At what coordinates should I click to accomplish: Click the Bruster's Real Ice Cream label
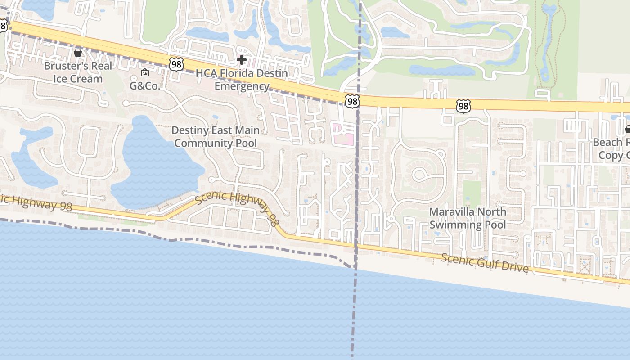click(x=78, y=72)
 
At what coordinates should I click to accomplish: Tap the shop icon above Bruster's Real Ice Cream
click(x=78, y=53)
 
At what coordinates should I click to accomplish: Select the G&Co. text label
click(x=145, y=86)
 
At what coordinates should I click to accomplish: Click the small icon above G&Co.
click(x=145, y=72)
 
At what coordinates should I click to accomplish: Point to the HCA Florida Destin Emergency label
click(x=242, y=79)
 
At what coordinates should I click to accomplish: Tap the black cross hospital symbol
click(x=242, y=59)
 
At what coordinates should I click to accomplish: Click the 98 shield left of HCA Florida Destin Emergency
click(x=176, y=64)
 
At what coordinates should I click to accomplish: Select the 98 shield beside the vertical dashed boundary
click(x=352, y=101)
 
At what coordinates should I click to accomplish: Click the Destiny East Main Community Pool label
click(x=216, y=137)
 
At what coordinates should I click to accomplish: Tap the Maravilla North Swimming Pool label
click(x=468, y=218)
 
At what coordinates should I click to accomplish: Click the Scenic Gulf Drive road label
click(x=485, y=263)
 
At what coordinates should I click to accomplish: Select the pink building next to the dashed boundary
click(x=343, y=134)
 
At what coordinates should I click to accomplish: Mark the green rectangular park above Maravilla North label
click(x=472, y=194)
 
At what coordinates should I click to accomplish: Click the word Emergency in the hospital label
click(x=242, y=86)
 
